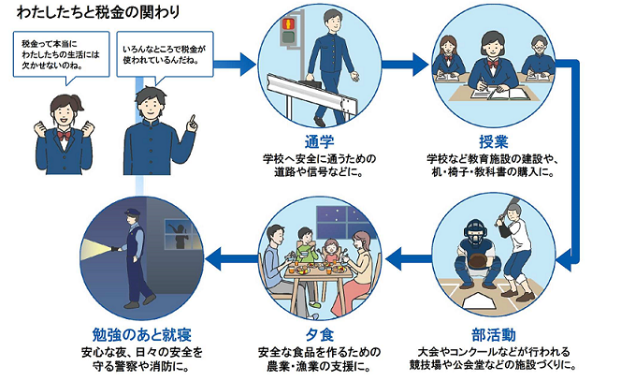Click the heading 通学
(318, 143)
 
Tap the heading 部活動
(492, 334)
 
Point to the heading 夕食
(318, 334)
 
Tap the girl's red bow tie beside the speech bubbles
(64, 135)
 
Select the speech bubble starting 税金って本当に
(58, 55)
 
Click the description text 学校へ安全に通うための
(318, 160)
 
